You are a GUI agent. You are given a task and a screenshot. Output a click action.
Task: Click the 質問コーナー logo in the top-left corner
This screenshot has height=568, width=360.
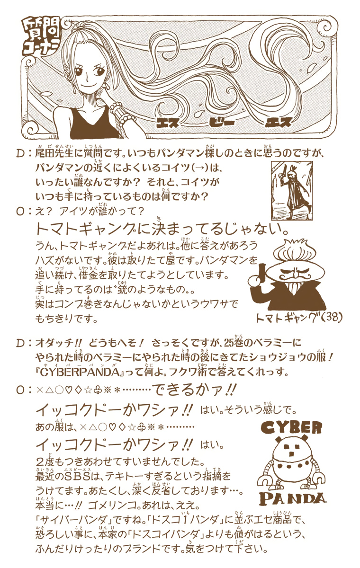(x=40, y=37)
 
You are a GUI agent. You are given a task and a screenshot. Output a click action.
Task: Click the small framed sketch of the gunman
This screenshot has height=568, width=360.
(x=292, y=191)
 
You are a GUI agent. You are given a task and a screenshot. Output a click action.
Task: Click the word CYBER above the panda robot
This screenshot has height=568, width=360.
(x=291, y=427)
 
